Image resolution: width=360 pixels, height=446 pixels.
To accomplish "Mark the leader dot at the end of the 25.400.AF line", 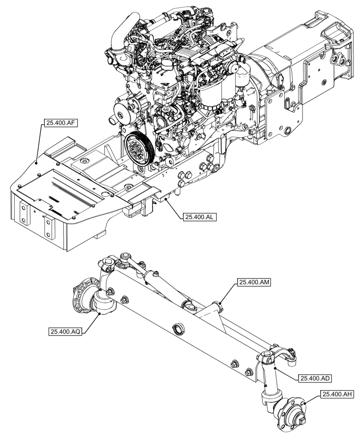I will pyautogui.click(x=36, y=163).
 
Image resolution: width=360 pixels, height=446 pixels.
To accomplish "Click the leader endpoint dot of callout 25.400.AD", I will pyautogui.click(x=276, y=368).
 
